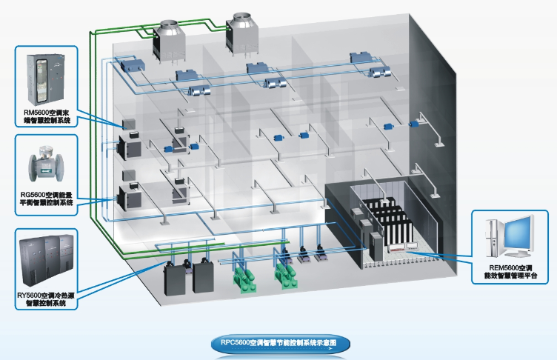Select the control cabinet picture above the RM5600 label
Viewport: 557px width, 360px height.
click(45, 76)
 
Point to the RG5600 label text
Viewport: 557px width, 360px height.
click(45, 198)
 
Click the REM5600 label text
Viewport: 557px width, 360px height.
click(512, 270)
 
